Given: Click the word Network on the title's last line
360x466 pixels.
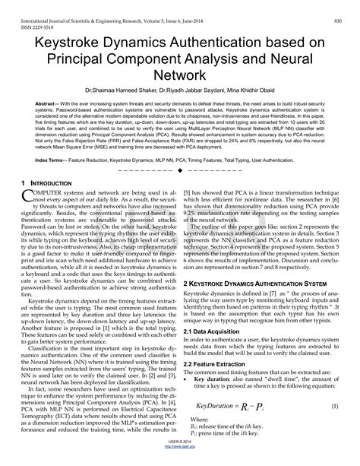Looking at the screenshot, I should pyautogui.click(x=179, y=74).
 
